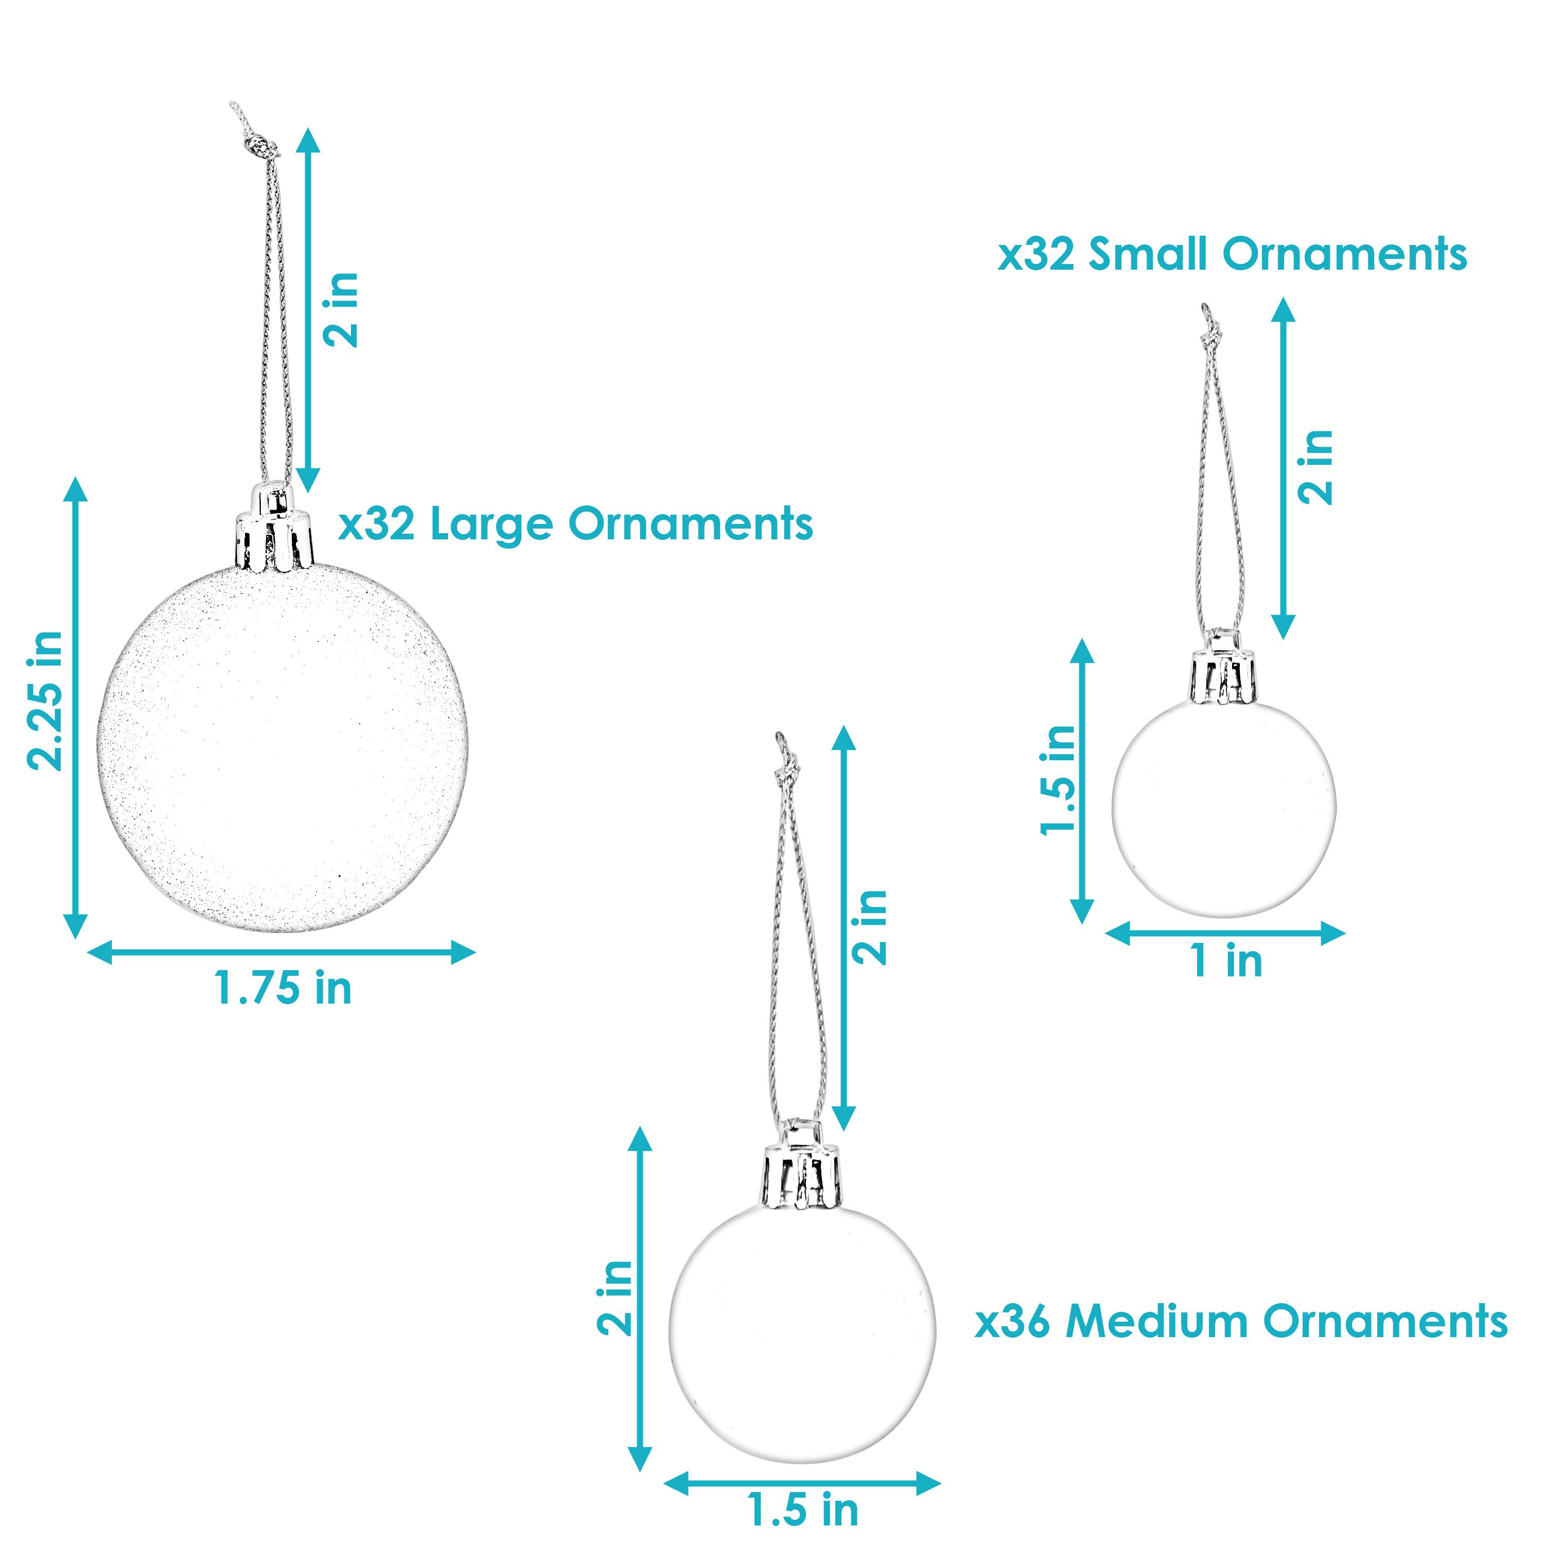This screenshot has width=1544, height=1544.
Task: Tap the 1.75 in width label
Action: (x=283, y=989)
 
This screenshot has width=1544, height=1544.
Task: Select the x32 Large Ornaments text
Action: (x=575, y=525)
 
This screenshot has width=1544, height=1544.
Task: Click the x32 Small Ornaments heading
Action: (x=1232, y=255)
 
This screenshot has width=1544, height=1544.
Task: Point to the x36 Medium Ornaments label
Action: (x=1241, y=1321)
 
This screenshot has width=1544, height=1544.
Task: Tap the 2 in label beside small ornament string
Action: (x=1316, y=467)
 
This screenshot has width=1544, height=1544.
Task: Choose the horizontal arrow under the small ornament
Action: (x=1225, y=934)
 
